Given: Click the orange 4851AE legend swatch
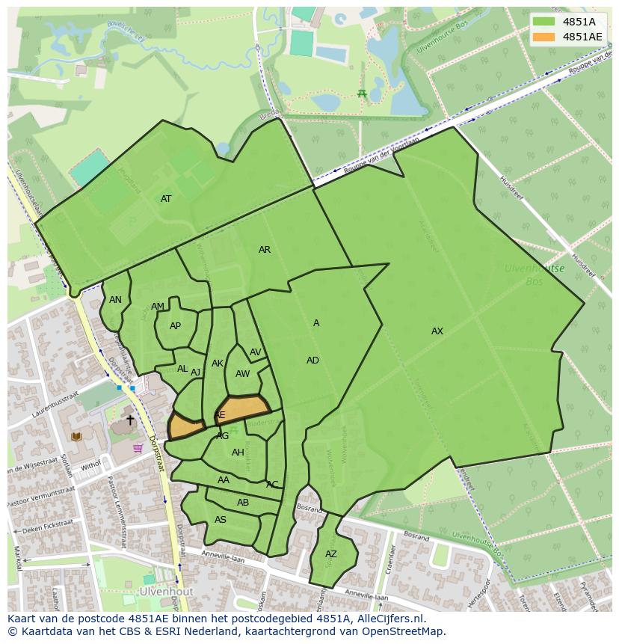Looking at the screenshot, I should [544, 37].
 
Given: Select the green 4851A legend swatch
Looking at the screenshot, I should [544, 22].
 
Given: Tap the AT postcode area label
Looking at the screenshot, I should [166, 199].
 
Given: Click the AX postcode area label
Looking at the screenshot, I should [437, 331].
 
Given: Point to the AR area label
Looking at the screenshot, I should [265, 250].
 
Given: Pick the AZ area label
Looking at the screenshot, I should [331, 554].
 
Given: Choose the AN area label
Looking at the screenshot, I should [115, 300].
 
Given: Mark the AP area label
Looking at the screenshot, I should [175, 326].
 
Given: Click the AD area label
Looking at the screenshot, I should [312, 361].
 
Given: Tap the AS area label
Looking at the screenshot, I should [221, 520].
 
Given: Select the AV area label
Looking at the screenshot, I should [256, 352].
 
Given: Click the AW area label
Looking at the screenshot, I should [242, 374].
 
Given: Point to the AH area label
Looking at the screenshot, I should [238, 453].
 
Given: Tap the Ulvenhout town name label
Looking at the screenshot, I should [167, 591].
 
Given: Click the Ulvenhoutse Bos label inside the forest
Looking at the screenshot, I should [534, 275].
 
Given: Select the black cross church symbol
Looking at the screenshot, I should [130, 420].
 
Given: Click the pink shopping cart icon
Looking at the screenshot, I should [138, 448].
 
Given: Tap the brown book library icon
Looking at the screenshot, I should [76, 437].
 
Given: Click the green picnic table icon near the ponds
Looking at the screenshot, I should [362, 93].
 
